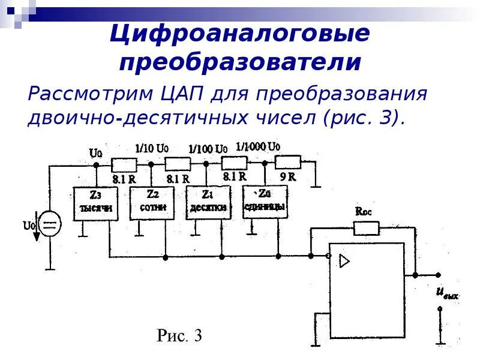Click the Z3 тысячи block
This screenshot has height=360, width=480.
[x=94, y=203]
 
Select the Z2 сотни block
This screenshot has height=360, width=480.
[x=152, y=202]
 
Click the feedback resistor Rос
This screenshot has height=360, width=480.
[x=365, y=227]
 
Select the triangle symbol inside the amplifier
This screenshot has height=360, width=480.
[x=344, y=261]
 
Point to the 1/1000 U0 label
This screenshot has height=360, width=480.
[x=259, y=146]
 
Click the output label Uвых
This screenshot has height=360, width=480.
[x=447, y=293]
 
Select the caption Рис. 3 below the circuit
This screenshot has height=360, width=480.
[x=179, y=336]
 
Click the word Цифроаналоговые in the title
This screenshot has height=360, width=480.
[x=239, y=34]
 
